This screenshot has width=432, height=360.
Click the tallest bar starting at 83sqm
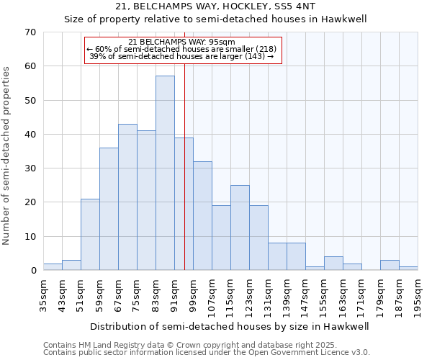165,173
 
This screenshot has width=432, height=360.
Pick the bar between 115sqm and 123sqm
240,228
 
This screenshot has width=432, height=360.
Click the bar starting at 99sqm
202,215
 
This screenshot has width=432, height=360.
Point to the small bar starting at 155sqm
333,264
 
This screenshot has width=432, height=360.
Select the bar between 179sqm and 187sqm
390,265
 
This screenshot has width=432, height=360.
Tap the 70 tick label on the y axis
30,32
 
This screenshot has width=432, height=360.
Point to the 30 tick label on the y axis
30,168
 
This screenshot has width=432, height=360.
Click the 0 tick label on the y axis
32,271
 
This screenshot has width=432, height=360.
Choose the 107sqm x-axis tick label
212,294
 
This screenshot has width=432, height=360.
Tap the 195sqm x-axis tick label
418,294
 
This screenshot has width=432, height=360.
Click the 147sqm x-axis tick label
305,294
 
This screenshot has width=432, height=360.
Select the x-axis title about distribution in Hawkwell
230,326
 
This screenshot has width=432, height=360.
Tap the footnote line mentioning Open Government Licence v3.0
207,353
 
